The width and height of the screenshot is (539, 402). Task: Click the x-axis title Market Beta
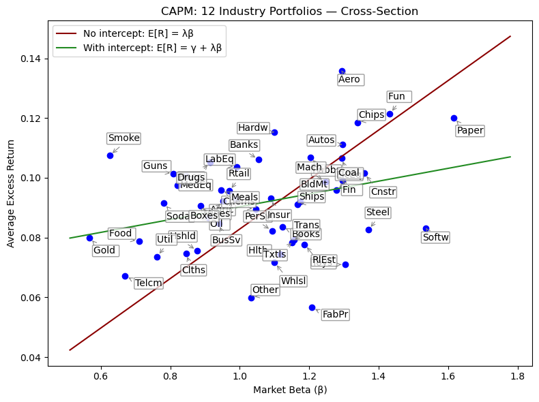(290, 390)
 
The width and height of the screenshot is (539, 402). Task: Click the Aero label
(349, 80)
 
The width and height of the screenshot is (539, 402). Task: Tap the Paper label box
(470, 130)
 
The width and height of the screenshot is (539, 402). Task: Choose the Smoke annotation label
(123, 138)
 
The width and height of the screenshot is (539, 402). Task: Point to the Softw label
(436, 237)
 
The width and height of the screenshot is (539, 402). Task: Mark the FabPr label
(336, 314)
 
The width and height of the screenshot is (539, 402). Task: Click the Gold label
(104, 250)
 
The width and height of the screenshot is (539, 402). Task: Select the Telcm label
(149, 283)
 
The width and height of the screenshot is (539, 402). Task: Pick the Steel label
(378, 213)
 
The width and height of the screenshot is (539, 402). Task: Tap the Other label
(265, 290)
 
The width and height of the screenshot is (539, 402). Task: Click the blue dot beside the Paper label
(454, 118)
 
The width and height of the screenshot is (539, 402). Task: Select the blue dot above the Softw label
(426, 229)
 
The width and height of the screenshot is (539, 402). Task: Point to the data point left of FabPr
(312, 307)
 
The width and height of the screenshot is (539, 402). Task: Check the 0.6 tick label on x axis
(100, 375)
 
